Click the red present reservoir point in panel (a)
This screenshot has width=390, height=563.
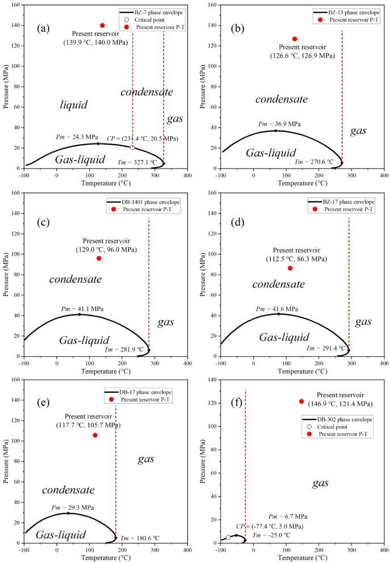tap(103, 26)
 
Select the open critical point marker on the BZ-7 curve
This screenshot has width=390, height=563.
tap(132, 148)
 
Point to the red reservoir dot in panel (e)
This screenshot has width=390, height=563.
tap(95, 435)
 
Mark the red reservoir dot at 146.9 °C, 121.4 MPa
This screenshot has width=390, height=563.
tap(301, 402)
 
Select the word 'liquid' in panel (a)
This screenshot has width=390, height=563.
tap(74, 105)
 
